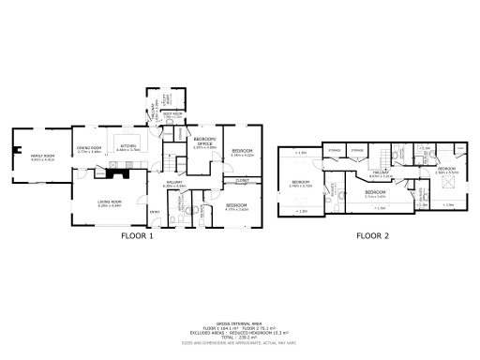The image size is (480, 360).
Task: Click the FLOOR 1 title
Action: coord(138,236)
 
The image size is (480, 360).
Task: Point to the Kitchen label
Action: coord(128,147)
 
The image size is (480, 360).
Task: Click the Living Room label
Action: coord(111,203)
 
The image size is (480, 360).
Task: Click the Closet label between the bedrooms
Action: coord(242,180)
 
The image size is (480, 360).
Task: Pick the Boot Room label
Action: coord(172,115)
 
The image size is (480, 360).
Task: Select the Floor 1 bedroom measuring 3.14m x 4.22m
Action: coord(243,152)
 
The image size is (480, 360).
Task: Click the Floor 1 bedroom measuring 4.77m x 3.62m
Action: coord(236,207)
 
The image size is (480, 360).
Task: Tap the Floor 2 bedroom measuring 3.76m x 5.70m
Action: coord(300,182)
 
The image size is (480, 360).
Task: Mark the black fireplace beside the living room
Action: coord(120,172)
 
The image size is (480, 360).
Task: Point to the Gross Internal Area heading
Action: coord(240,321)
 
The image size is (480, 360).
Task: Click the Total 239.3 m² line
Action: coord(240,336)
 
